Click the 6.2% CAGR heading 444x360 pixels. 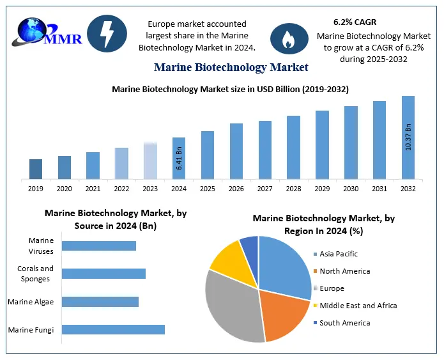(x=355, y=22)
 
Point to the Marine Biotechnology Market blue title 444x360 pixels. (x=231, y=67)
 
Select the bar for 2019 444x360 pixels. (x=36, y=169)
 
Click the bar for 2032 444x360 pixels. (x=408, y=137)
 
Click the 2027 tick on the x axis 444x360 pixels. (x=264, y=189)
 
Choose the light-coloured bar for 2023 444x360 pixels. (x=150, y=160)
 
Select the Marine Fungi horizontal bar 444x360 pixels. (x=113, y=330)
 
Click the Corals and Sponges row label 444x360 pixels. (x=36, y=274)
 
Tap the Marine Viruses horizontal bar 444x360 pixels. (x=99, y=246)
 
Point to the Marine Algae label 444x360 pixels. (x=31, y=302)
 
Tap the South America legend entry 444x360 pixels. (x=344, y=323)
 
